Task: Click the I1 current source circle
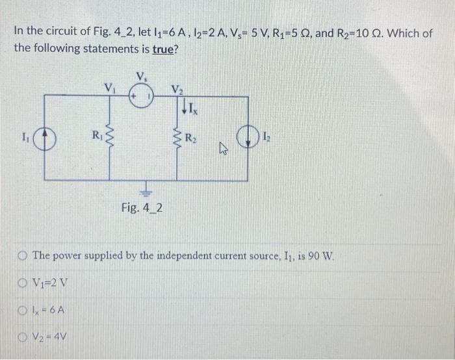coord(44,138)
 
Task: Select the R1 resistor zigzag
coord(108,138)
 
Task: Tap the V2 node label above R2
coord(176,88)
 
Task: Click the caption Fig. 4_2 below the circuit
coord(142,208)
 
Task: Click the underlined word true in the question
coord(166,49)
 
